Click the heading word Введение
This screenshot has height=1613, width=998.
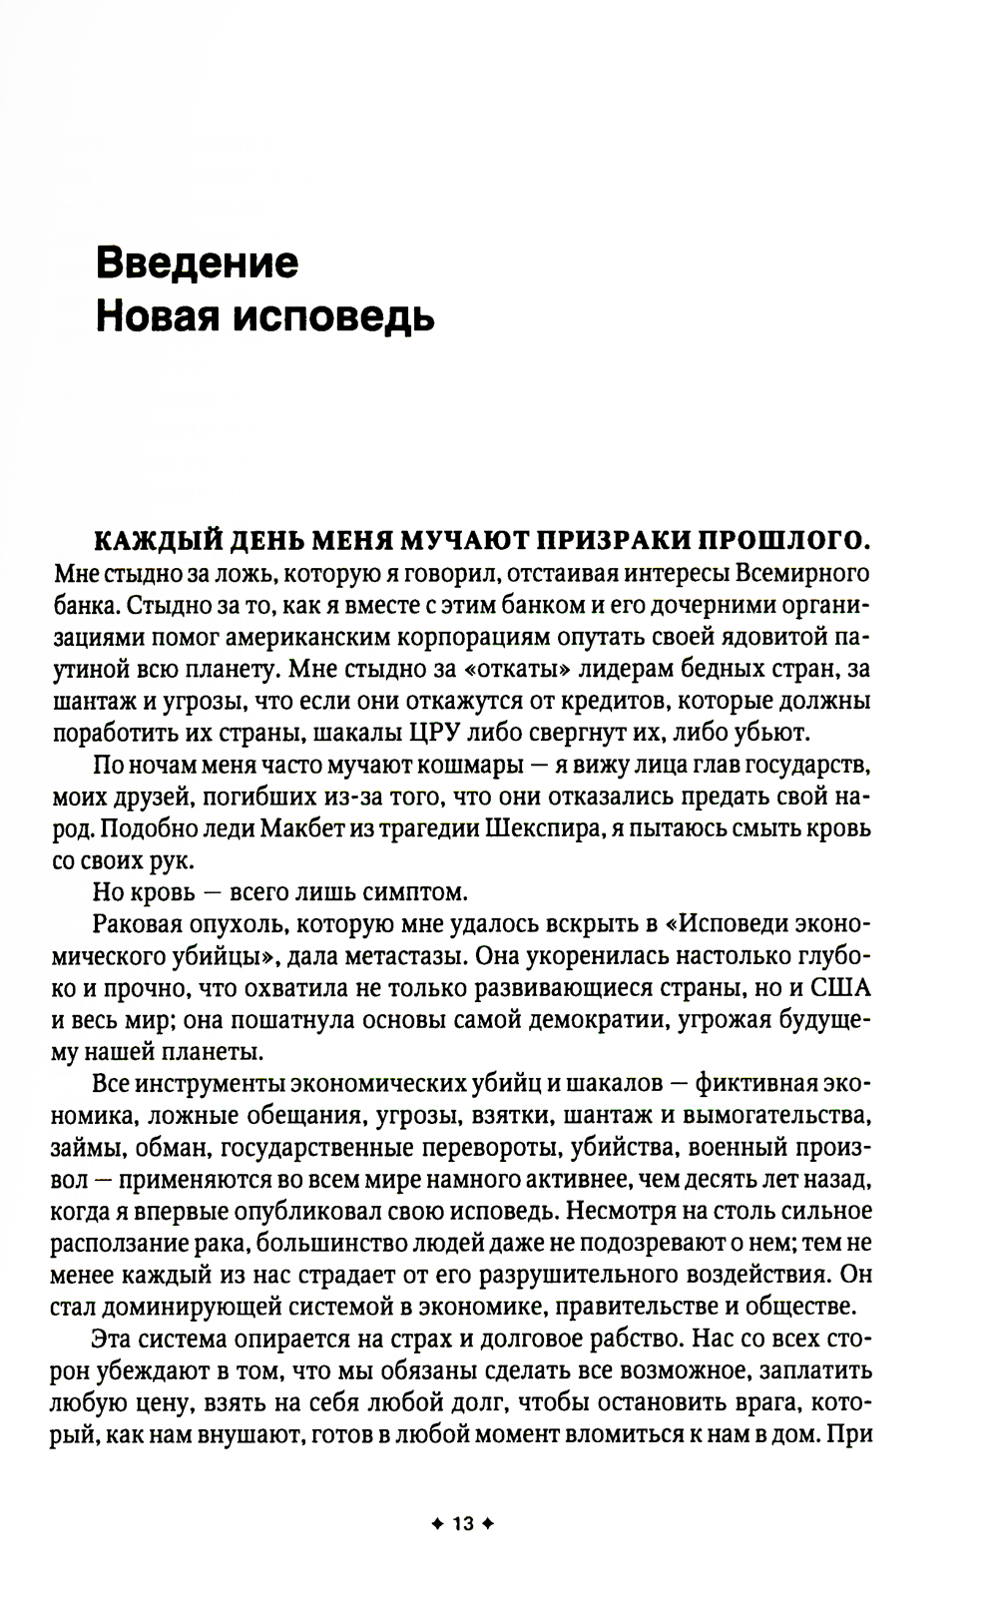[x=197, y=263]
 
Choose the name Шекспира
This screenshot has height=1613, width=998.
[x=536, y=828]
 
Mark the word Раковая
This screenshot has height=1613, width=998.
[x=134, y=923]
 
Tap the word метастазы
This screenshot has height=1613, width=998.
[x=396, y=955]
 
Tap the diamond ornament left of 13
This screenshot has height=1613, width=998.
[x=436, y=1524]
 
